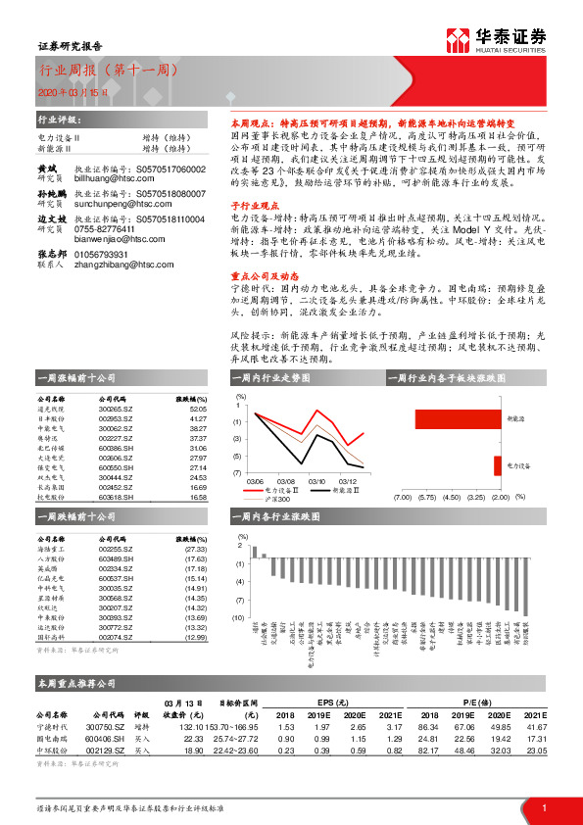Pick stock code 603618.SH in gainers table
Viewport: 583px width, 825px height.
pos(116,498)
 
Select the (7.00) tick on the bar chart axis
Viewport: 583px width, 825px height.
pos(402,497)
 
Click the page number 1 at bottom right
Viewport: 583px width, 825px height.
pos(543,807)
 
